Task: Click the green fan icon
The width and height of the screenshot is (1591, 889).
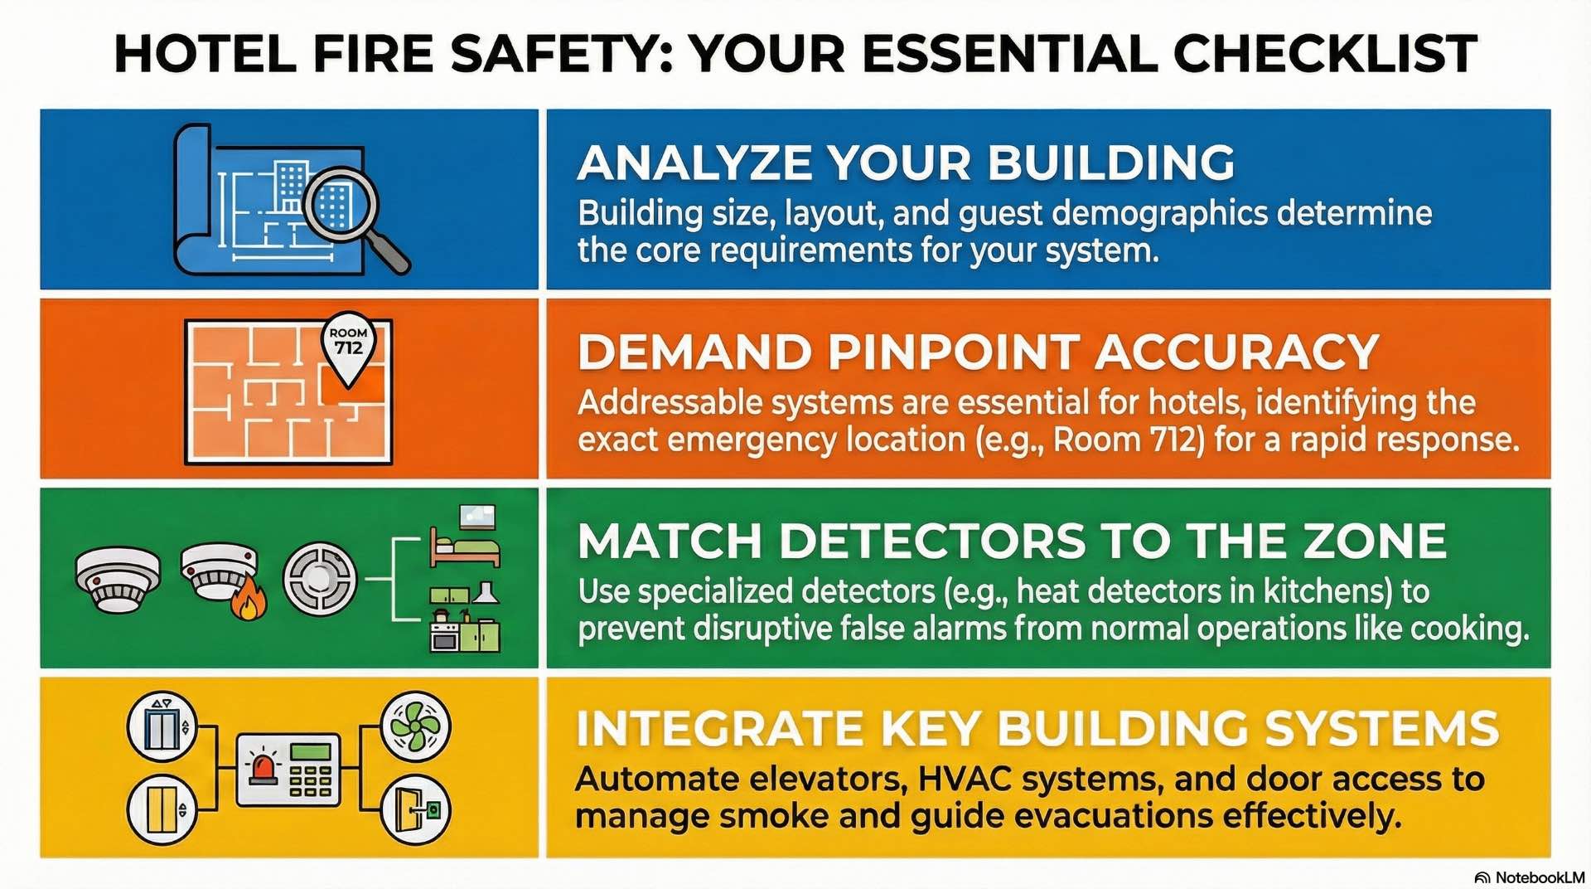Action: pyautogui.click(x=415, y=726)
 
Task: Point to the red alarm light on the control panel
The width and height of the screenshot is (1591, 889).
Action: pyautogui.click(x=265, y=769)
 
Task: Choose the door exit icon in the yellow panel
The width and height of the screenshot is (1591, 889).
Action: pyautogui.click(x=415, y=809)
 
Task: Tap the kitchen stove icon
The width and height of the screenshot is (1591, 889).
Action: pyautogui.click(x=446, y=634)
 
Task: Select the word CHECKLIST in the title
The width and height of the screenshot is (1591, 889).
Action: pyautogui.click(x=1325, y=54)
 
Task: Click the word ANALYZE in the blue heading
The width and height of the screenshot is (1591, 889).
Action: pyautogui.click(x=695, y=163)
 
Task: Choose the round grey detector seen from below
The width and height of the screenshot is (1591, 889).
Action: pyautogui.click(x=320, y=578)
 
